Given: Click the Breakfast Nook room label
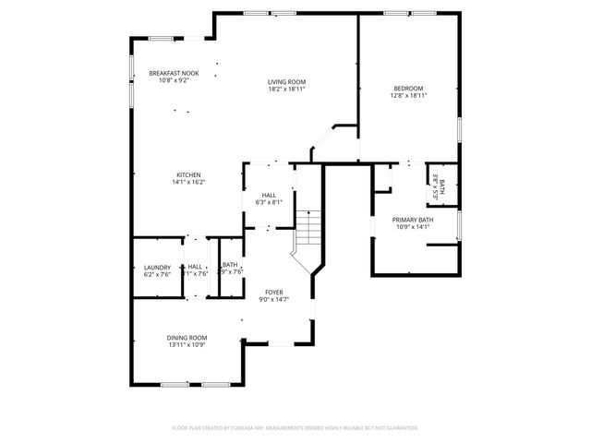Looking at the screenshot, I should point(174,73).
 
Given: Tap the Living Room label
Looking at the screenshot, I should point(286,82).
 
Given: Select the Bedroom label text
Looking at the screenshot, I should point(408,88).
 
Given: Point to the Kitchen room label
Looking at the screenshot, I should point(189,175).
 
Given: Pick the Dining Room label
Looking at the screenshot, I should point(187,338).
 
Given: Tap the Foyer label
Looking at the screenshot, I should point(273,292).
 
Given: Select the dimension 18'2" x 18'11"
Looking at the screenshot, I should point(286,90).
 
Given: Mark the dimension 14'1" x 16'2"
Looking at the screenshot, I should point(189,183).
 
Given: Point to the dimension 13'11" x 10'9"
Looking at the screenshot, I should point(187,345).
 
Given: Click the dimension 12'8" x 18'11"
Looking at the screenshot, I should point(408,95).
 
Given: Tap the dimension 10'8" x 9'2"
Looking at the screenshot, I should point(174,80).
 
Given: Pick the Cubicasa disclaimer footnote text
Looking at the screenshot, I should point(295,428).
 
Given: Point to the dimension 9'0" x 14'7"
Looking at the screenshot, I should point(273,299).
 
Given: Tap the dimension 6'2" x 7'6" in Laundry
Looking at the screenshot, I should point(157,273).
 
